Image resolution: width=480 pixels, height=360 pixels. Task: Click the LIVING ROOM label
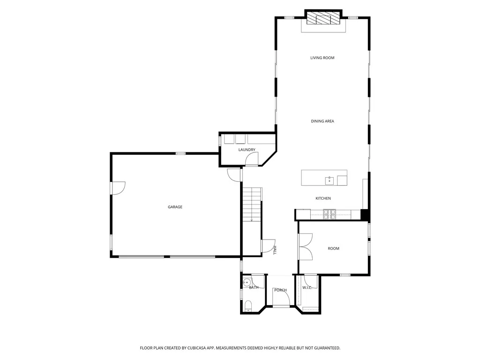(x=322, y=58)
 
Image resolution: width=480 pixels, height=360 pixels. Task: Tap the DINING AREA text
(x=322, y=121)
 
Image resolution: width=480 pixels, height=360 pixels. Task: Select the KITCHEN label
(x=323, y=199)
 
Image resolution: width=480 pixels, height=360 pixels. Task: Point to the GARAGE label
(x=175, y=207)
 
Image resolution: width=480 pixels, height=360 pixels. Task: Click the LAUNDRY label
(x=247, y=150)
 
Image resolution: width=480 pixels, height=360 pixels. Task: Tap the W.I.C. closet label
(x=307, y=287)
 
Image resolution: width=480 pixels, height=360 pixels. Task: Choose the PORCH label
(x=280, y=290)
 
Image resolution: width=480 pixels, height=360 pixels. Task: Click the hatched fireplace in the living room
(x=323, y=18)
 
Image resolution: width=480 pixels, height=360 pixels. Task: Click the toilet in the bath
(x=248, y=307)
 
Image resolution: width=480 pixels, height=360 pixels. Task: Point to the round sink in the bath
(x=246, y=283)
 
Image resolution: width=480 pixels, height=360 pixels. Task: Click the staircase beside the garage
(x=252, y=204)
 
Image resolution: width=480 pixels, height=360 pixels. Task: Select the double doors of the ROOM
(x=305, y=247)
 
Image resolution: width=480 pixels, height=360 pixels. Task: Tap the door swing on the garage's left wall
(x=118, y=187)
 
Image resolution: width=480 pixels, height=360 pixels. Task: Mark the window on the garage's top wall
(x=180, y=153)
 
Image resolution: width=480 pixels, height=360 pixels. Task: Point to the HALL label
(x=275, y=250)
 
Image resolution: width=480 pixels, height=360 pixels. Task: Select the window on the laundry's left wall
(x=219, y=140)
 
